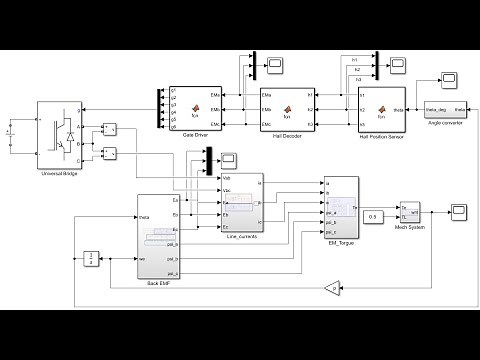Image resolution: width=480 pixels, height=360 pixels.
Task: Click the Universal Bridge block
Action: point(58,127)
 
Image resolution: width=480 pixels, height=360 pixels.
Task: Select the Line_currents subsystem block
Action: point(241,204)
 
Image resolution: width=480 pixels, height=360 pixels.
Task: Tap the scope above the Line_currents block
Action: point(229,158)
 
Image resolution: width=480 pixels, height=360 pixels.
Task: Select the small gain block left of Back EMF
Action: point(90,259)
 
